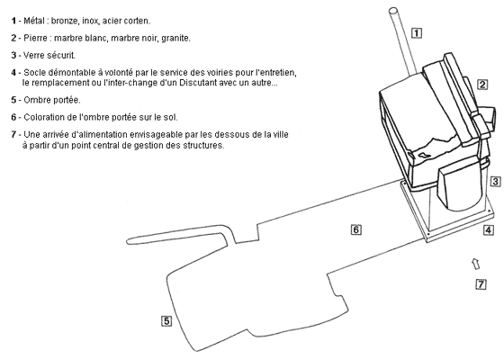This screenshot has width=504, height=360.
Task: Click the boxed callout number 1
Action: coord(417,32)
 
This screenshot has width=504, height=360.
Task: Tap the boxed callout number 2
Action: coord(482,85)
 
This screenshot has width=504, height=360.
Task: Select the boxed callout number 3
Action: coord(495,182)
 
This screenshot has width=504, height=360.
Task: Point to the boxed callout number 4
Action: coord(488,230)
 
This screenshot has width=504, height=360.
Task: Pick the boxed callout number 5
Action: coord(166,320)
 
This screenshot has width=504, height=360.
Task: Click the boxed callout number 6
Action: coord(355,229)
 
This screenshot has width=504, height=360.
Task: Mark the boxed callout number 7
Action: coord(481,284)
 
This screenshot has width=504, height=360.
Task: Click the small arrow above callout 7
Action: coord(476,264)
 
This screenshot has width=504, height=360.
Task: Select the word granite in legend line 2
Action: coord(175,38)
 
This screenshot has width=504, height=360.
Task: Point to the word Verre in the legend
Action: coord(34,55)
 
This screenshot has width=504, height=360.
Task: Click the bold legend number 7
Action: coord(13,134)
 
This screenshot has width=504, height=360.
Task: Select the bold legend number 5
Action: coord(13,100)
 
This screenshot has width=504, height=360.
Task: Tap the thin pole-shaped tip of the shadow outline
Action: coord(128,241)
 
